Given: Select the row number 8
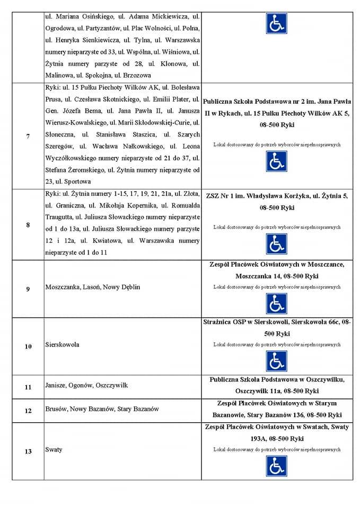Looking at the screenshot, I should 28,225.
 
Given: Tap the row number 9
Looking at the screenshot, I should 28,289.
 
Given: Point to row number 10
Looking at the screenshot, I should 28,347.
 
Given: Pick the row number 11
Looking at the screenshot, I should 28,387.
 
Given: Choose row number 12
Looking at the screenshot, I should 28,410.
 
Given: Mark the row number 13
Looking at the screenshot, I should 28,451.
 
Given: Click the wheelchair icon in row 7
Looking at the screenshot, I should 276,161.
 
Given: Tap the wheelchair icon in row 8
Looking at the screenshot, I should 276,244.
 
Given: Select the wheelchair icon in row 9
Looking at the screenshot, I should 276,304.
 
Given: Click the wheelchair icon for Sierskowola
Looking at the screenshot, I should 276,361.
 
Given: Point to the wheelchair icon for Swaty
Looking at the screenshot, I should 276,466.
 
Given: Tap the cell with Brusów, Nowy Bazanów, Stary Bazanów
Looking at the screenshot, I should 102,409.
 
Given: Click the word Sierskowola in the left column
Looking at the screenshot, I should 63,344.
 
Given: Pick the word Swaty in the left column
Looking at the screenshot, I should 54,449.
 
